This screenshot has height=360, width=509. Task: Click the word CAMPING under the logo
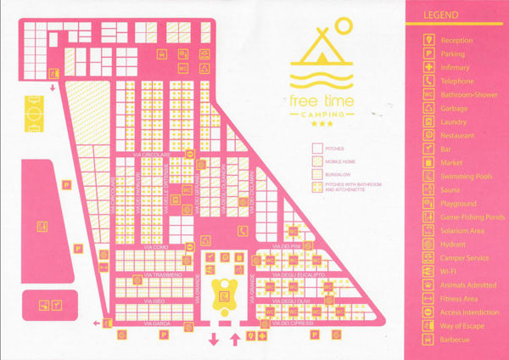coord(320,111)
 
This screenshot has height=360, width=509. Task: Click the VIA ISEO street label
coord(154,301)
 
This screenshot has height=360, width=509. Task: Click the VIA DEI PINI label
coord(280,247)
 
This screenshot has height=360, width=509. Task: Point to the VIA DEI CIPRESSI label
coord(296,323)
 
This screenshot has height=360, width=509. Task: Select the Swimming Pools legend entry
coord(466,177)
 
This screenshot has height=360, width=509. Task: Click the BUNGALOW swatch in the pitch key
coord(318,173)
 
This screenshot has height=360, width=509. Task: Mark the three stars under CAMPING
coord(321,124)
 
